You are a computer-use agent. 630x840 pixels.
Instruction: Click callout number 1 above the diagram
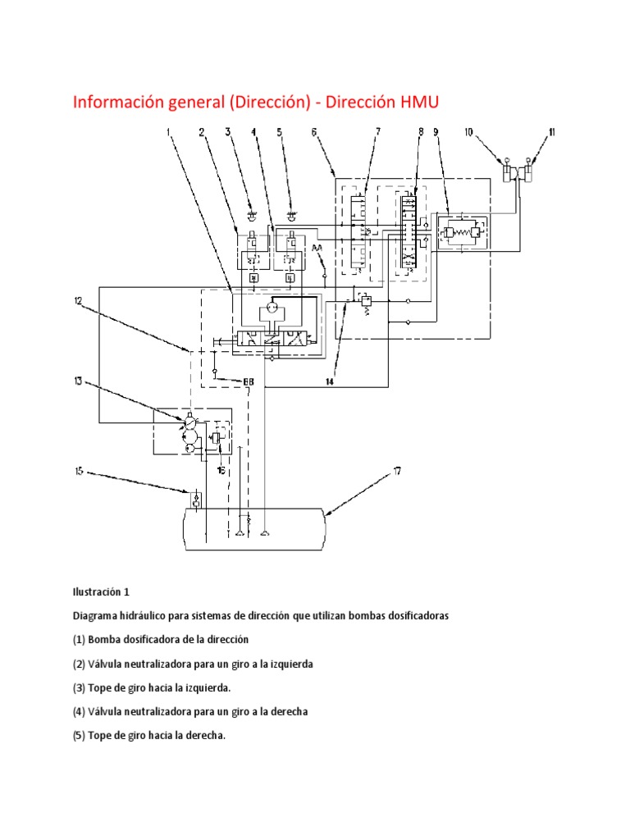[170, 132]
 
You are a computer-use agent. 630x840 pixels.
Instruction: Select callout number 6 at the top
[314, 132]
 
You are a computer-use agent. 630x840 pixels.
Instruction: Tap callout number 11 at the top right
[552, 132]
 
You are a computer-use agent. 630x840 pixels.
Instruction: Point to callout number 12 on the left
[77, 300]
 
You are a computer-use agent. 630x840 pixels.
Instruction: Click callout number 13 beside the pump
[77, 380]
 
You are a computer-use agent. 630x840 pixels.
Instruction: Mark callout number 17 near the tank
[396, 471]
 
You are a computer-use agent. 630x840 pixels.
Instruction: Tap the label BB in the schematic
[248, 381]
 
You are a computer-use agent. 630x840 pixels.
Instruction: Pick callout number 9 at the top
[436, 132]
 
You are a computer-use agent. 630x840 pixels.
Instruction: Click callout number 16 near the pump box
[221, 471]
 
